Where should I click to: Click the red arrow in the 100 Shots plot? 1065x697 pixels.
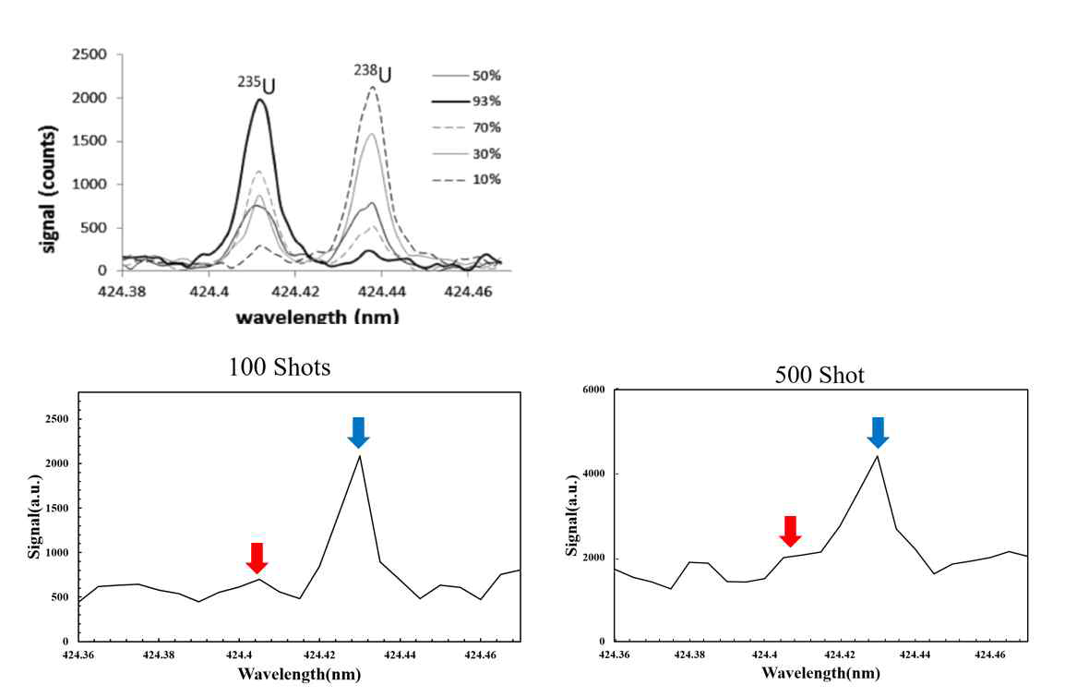tap(257, 558)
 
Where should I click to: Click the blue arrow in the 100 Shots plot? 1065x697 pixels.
tap(359, 432)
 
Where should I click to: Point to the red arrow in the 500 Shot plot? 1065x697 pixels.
tap(789, 531)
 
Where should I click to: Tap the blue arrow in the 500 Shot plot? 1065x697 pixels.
tap(878, 432)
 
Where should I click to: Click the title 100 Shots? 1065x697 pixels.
tap(280, 367)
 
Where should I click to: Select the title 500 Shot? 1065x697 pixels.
tap(819, 376)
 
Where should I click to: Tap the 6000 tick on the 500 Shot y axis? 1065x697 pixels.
tap(592, 390)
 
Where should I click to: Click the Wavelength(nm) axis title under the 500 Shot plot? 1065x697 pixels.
tap(820, 672)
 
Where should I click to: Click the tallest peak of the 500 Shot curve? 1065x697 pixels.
tap(877, 456)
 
